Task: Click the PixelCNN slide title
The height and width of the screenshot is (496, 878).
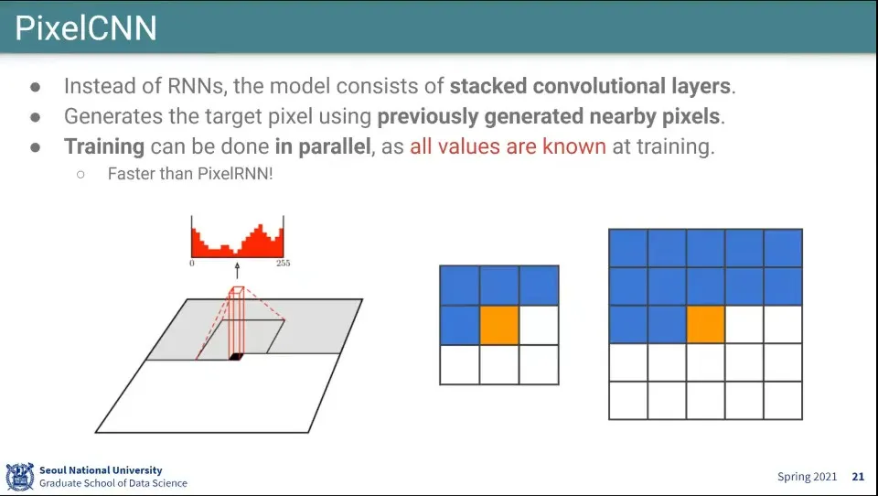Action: (86, 28)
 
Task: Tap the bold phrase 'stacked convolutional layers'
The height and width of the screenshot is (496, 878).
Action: (590, 86)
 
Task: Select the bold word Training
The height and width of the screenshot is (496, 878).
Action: (104, 146)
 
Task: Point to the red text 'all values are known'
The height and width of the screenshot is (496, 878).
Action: (508, 146)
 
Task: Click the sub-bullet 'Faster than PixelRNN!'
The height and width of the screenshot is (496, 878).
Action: (190, 174)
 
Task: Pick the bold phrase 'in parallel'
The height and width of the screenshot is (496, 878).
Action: (323, 146)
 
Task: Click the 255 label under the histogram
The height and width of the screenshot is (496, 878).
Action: (284, 263)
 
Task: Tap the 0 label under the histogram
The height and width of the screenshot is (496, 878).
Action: (192, 263)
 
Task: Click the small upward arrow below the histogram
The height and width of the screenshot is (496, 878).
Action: (237, 270)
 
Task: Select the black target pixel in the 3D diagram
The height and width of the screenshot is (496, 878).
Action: (235, 357)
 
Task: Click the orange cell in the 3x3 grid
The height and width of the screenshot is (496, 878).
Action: (499, 325)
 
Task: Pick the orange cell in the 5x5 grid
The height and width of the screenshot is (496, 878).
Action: (705, 325)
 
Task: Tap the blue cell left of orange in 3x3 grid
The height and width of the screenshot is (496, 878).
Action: (460, 325)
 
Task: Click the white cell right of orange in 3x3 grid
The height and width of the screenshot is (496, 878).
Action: (539, 325)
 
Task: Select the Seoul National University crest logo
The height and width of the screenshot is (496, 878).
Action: (19, 477)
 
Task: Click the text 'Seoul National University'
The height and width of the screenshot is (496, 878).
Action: (101, 470)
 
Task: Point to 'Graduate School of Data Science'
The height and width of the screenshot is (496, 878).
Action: (113, 483)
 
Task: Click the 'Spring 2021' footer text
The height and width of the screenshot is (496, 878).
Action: (807, 477)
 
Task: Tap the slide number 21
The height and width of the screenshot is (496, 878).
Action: (858, 477)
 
